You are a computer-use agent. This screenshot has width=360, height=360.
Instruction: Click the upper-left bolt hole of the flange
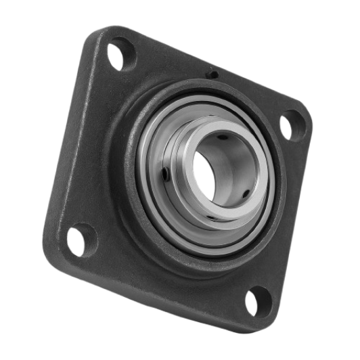point(119,58)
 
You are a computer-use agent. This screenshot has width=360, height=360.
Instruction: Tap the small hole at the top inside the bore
point(222,137)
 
